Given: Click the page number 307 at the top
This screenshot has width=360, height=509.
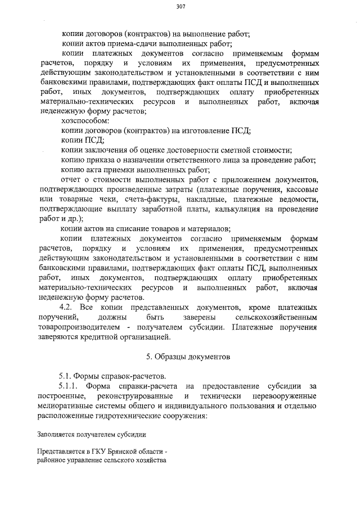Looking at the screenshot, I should pos(180,6).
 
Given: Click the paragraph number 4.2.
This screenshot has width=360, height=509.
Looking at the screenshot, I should pos(68,308).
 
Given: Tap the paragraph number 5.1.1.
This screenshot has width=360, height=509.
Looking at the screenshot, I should pos(71,386).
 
